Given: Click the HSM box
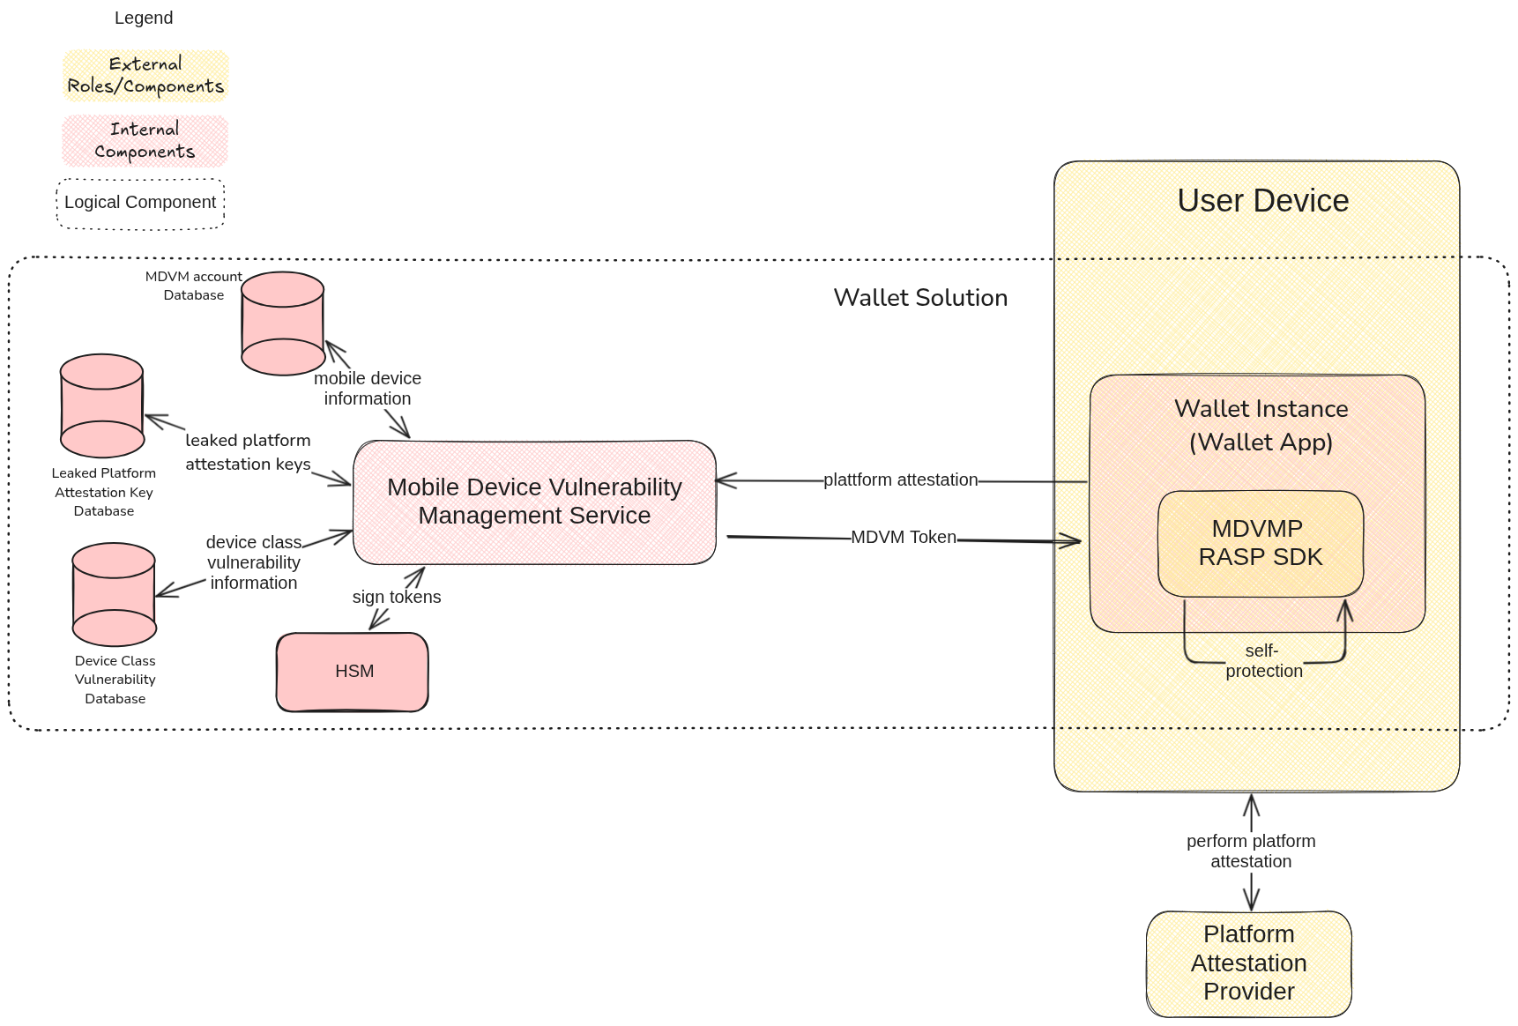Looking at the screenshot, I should pyautogui.click(x=353, y=672).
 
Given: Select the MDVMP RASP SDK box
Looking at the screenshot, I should pyautogui.click(x=1260, y=543).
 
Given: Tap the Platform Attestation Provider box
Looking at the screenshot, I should pyautogui.click(x=1248, y=963).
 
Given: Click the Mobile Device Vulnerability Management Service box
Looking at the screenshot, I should pyautogui.click(x=534, y=502).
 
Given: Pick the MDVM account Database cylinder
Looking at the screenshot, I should pyautogui.click(x=283, y=323).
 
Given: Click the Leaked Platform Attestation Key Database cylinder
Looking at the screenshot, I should pyautogui.click(x=102, y=405).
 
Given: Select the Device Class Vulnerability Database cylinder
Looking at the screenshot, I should pyautogui.click(x=114, y=594).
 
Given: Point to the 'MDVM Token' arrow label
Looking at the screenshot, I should pyautogui.click(x=903, y=537).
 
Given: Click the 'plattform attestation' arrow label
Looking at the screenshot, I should pyautogui.click(x=900, y=480).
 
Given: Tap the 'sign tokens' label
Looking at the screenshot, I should pyautogui.click(x=397, y=597).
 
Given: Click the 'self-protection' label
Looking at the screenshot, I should pyautogui.click(x=1263, y=661).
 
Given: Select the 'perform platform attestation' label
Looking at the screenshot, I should pyautogui.click(x=1250, y=851).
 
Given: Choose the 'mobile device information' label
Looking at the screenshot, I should pyautogui.click(x=368, y=389).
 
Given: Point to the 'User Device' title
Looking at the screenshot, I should pyautogui.click(x=1262, y=201).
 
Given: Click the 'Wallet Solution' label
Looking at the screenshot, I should pyautogui.click(x=920, y=298).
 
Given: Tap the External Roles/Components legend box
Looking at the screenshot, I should pyautogui.click(x=145, y=76).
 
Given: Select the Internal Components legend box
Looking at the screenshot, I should pyautogui.click(x=145, y=141).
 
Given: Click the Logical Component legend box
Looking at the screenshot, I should pyautogui.click(x=140, y=204).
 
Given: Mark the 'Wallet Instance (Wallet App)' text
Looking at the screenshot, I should pyautogui.click(x=1261, y=425).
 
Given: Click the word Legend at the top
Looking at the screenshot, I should pyautogui.click(x=144, y=19).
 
